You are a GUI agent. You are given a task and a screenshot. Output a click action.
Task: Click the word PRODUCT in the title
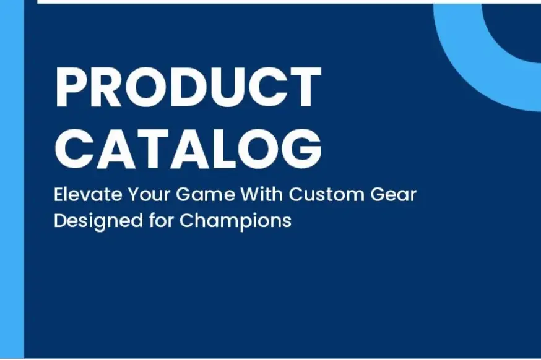tap(188, 87)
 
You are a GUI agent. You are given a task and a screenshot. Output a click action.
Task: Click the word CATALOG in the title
tap(188, 149)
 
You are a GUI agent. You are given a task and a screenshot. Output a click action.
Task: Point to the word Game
tap(206, 194)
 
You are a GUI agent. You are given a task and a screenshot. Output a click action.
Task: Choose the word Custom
tap(326, 194)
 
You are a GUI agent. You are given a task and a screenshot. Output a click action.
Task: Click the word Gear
tap(393, 194)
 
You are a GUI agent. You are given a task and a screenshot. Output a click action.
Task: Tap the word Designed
tap(98, 221)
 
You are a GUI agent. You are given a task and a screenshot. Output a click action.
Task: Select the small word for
tap(162, 220)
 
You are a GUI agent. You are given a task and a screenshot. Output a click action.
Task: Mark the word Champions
tap(235, 221)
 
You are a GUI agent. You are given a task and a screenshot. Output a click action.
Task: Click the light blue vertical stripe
tap(12, 179)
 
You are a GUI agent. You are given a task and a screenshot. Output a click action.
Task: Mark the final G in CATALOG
tap(302, 149)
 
